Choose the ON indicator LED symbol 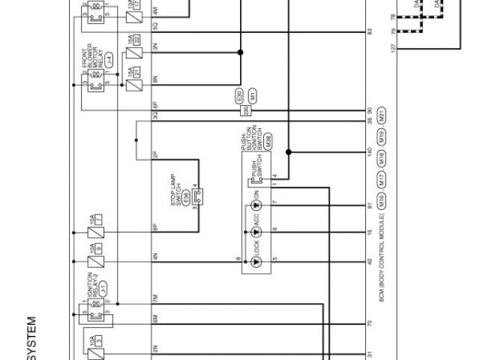coord(256,204)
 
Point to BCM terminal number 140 coord(370,151)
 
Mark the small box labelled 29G coord(245,109)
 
